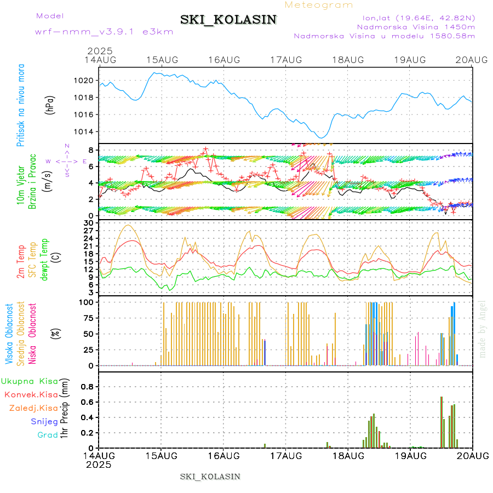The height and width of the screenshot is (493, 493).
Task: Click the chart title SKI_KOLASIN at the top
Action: tap(228, 20)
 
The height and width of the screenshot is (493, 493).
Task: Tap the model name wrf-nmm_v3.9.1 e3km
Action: tap(104, 32)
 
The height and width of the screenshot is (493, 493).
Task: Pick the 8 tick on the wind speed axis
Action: tap(91, 150)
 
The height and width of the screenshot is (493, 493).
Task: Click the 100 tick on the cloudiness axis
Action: tap(87, 302)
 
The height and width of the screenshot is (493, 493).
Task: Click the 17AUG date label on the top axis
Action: tap(286, 60)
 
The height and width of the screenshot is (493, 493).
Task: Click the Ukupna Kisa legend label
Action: tap(30, 381)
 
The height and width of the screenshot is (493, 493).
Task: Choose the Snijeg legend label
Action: tap(44, 421)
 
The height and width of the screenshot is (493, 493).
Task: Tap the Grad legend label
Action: tap(48, 435)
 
